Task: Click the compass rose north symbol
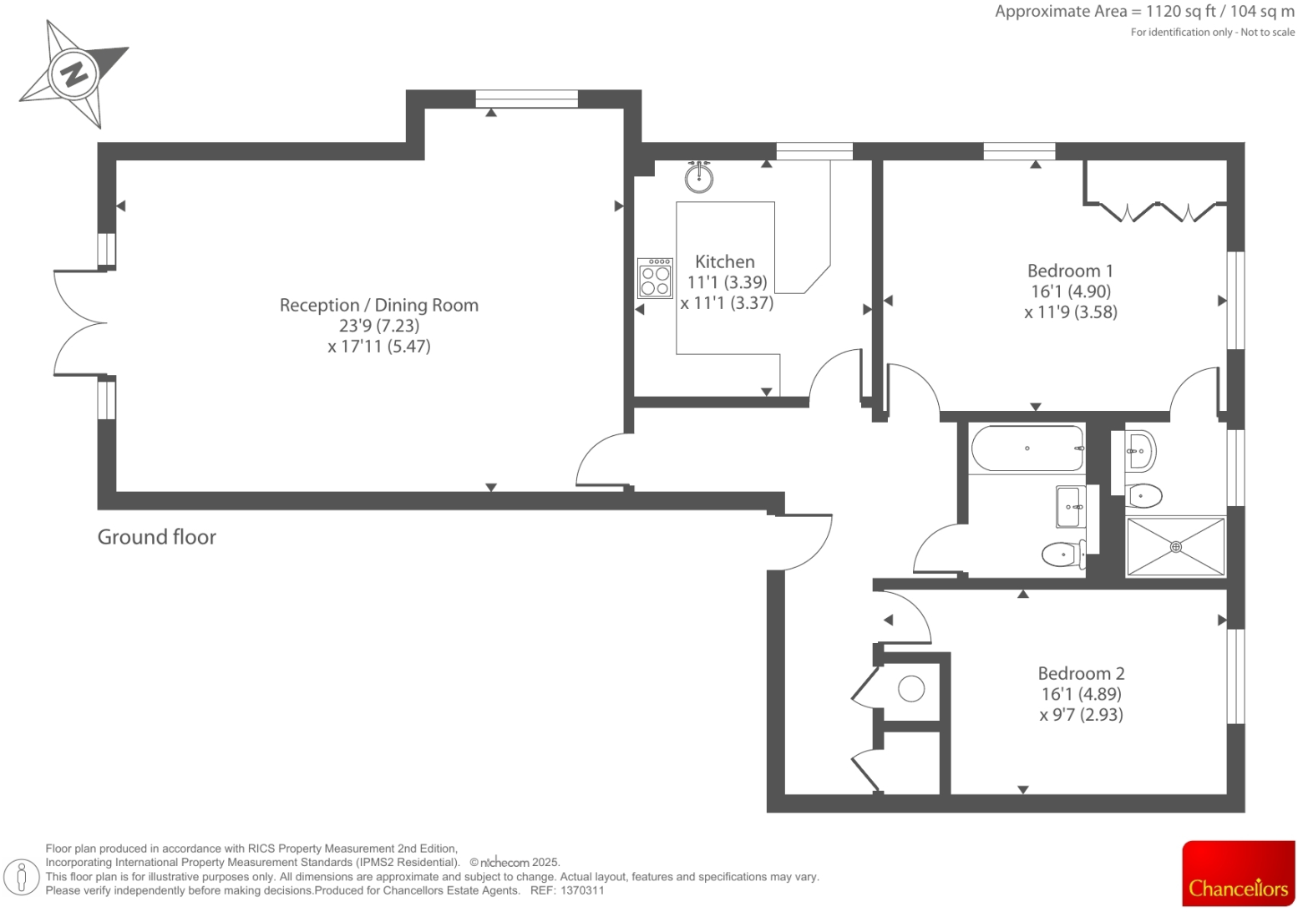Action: [x=74, y=74]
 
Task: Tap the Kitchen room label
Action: [x=724, y=261]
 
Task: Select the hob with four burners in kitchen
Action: [x=655, y=278]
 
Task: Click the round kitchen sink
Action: [x=699, y=177]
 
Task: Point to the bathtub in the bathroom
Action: [x=1027, y=448]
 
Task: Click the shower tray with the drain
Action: [x=1175, y=547]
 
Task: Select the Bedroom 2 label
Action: [x=1081, y=673]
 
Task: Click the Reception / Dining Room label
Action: [x=378, y=305]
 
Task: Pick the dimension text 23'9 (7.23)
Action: [x=378, y=326]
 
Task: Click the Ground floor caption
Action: [x=157, y=537]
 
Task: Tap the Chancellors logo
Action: [x=1238, y=873]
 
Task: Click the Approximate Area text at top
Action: [x=1143, y=12]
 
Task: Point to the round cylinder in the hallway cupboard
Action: [x=911, y=689]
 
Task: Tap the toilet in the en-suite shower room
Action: [x=1143, y=496]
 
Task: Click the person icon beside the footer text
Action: [x=22, y=877]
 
